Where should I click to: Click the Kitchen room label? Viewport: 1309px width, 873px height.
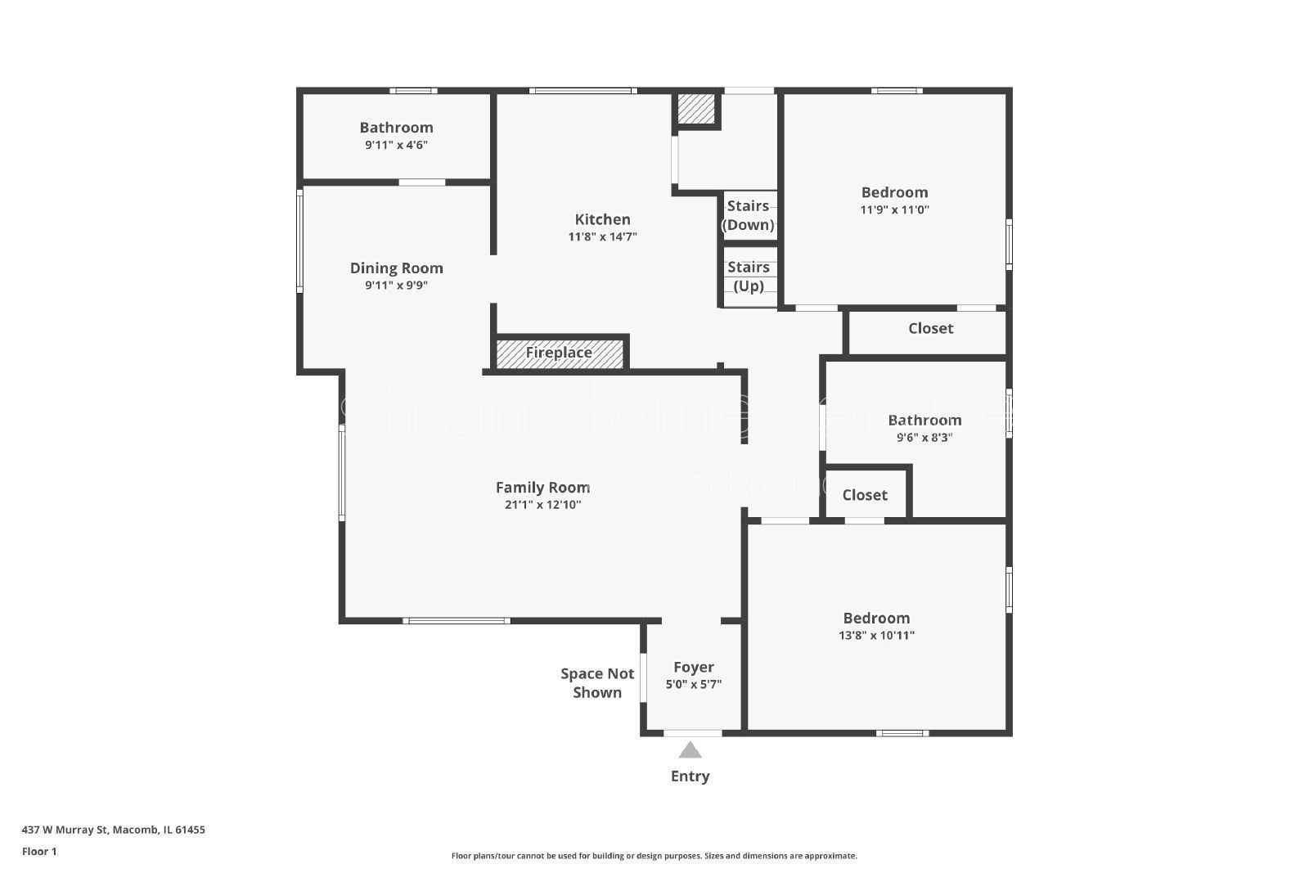click(x=603, y=219)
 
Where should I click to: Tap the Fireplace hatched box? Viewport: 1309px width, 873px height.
click(x=560, y=353)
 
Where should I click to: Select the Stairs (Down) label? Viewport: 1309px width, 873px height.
click(x=748, y=215)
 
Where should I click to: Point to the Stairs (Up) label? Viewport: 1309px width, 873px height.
click(x=748, y=277)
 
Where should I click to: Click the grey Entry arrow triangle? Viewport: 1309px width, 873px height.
click(x=690, y=749)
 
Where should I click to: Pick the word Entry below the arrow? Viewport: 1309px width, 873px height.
click(x=690, y=776)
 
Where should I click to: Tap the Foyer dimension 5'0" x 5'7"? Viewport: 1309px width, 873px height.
click(x=694, y=685)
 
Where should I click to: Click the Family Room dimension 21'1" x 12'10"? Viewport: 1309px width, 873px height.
click(x=542, y=505)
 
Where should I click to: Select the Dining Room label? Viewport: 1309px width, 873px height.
click(x=397, y=268)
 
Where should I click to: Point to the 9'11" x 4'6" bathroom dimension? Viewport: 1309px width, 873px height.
click(x=397, y=145)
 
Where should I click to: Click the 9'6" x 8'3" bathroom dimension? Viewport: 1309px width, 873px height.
click(x=924, y=437)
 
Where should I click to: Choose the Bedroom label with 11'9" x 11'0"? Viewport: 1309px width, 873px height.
click(x=894, y=192)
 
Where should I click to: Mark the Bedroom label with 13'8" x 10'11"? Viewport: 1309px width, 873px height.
click(x=876, y=619)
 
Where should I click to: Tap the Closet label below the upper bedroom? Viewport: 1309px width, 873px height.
click(x=930, y=328)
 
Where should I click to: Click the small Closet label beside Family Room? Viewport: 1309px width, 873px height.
click(x=865, y=495)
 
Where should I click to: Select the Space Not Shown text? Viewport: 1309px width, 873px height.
click(x=597, y=682)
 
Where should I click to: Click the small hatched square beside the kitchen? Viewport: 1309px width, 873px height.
click(x=696, y=109)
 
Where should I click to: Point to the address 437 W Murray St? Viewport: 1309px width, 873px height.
click(x=113, y=830)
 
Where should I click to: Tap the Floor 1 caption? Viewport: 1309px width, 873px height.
click(x=39, y=852)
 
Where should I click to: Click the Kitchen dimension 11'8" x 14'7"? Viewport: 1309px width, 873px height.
click(x=603, y=237)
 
